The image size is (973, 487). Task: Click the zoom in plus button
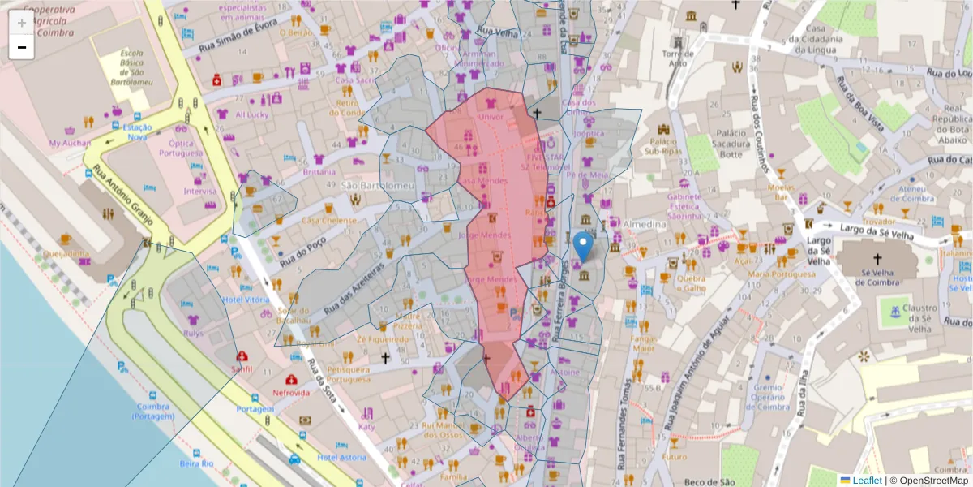tap(21, 22)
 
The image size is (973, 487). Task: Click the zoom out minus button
tap(21, 47)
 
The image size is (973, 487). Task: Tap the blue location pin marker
tap(582, 246)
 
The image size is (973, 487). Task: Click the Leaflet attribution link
tap(865, 481)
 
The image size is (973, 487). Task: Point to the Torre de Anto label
tap(675, 58)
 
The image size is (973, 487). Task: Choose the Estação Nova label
tap(136, 132)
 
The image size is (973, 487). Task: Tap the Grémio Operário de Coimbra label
tap(766, 397)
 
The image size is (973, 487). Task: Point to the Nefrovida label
tap(291, 393)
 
